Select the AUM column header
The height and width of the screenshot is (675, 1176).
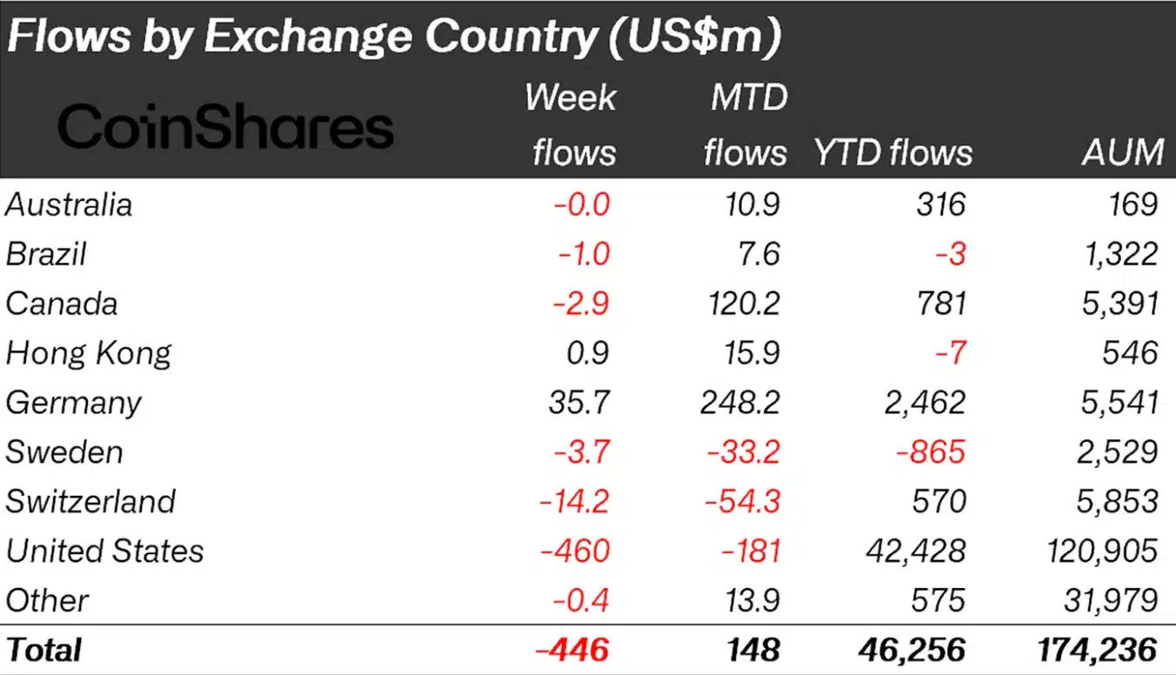click(1122, 152)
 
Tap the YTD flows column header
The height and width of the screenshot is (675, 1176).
click(892, 152)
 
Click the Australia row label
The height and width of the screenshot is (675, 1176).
click(69, 204)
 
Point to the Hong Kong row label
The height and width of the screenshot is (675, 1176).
click(88, 353)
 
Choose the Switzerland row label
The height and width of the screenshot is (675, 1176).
click(90, 502)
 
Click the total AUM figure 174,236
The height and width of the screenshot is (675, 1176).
click(1099, 650)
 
